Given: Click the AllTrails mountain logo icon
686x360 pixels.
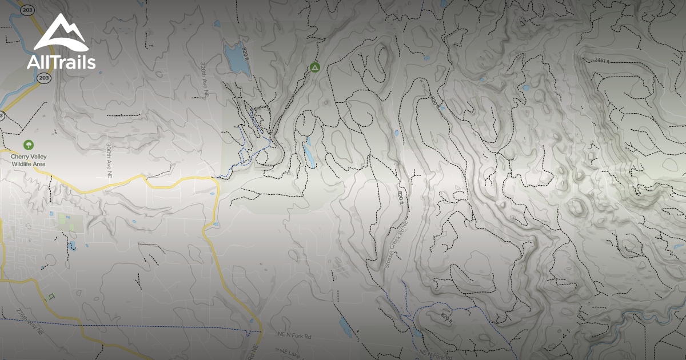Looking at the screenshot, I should coord(61,33).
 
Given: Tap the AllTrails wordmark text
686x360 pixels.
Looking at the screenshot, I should coord(61,62).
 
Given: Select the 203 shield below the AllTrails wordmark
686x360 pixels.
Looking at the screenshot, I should coord(43,78).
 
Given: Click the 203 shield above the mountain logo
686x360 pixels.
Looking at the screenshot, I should coord(26,10).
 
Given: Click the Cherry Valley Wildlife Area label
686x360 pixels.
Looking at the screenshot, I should coord(29,160).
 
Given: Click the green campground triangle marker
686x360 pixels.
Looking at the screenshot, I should coord(314,68).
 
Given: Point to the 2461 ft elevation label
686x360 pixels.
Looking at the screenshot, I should coord(604,60).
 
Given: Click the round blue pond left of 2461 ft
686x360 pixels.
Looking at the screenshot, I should coord(525,88).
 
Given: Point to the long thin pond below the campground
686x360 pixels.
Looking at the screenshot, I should coord(309,153).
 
